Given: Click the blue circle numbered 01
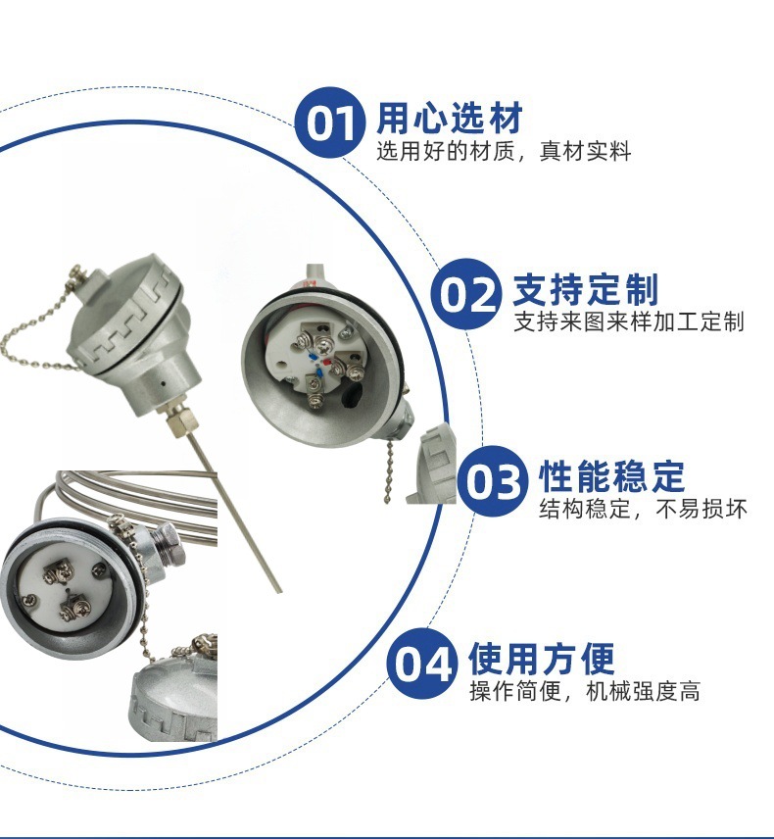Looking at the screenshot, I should tap(330, 123).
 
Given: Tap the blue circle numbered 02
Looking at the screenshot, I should tap(466, 294).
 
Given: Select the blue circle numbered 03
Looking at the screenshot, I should tap(493, 480).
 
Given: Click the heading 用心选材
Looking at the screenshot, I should tap(450, 118).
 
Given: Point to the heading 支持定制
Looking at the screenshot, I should tap(586, 290).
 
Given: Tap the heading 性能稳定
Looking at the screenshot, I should tap(612, 476).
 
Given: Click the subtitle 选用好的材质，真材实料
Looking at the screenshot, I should tap(505, 152).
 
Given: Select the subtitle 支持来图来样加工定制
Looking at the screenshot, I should tap(628, 321).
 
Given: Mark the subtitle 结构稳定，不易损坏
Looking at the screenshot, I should tap(644, 510).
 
